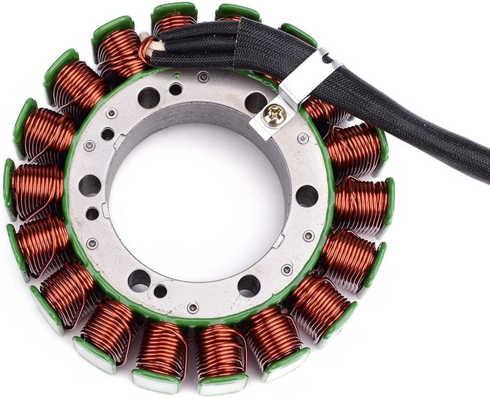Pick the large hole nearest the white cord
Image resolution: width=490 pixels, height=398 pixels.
pos(148,97)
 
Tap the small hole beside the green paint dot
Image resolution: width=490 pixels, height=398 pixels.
pos(176,89)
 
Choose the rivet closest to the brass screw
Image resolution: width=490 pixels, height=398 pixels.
pos(303,138)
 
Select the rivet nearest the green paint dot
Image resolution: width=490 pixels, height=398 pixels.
pos(203,77)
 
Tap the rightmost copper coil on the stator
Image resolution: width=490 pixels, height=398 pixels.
pos(364,202)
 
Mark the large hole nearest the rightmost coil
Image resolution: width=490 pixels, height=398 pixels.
pos(306,196)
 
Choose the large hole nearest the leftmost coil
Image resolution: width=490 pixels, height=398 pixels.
pos(90,185)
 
